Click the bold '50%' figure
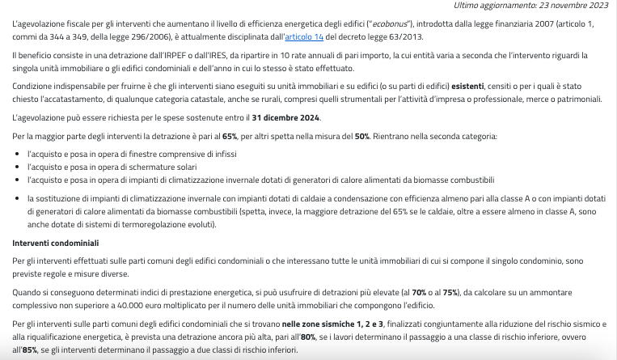tap(361, 136)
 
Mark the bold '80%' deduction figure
tap(308, 337)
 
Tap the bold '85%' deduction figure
tap(31, 350)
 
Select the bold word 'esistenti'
tap(468, 85)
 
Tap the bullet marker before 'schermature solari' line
tap(19, 166)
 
